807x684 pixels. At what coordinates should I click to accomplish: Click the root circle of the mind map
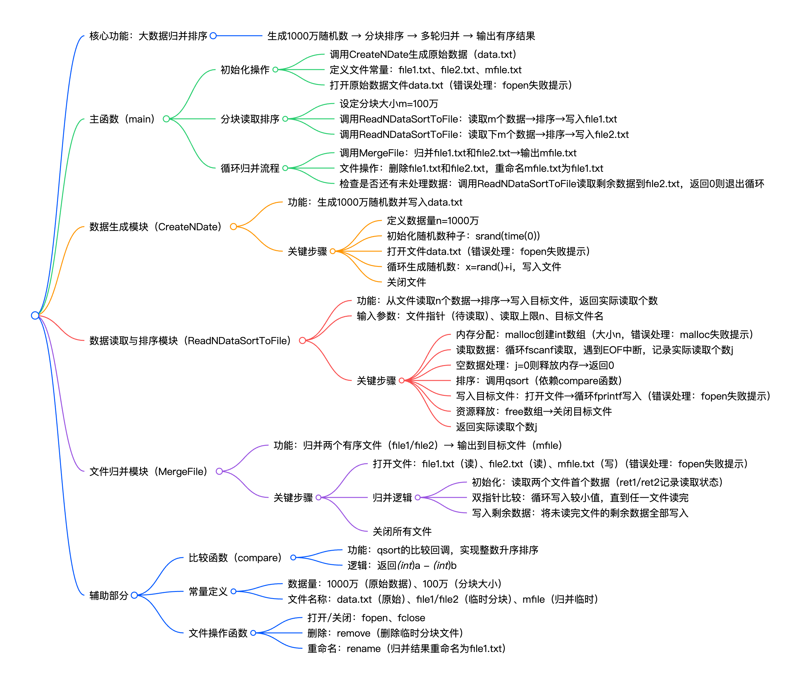coord(35,315)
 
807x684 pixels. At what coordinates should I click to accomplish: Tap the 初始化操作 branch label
coord(245,70)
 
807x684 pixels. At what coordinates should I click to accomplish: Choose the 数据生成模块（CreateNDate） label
coord(155,227)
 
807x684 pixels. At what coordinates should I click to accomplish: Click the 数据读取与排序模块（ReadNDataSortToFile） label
coord(190,340)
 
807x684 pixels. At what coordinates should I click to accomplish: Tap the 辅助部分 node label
coord(109,595)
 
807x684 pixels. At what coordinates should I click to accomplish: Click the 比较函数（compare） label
coord(235,557)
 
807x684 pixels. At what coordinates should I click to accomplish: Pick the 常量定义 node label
coord(208,591)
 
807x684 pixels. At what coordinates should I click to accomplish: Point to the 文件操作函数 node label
coord(218,633)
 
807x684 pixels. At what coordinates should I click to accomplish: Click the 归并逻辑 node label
coord(392,497)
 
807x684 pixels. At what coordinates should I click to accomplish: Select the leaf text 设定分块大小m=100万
coord(389,103)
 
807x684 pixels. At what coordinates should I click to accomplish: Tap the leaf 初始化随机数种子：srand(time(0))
coord(463,236)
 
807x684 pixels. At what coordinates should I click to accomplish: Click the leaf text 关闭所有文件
coord(402,531)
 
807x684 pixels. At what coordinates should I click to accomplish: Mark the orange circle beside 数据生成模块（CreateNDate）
coord(233,227)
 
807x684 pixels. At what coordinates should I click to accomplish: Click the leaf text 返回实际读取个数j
coord(496,427)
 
